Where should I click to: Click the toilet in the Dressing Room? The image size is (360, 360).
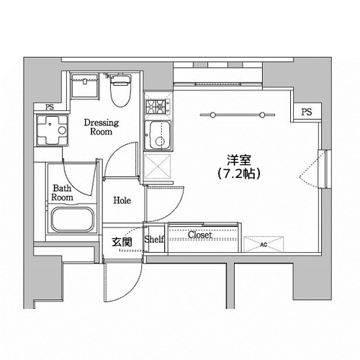pyautogui.click(x=121, y=90)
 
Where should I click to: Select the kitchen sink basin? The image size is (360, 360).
pyautogui.click(x=158, y=135)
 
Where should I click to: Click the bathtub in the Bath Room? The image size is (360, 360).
pyautogui.click(x=73, y=220)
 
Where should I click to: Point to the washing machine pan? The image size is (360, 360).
pyautogui.click(x=53, y=130)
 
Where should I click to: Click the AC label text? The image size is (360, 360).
pyautogui.click(x=264, y=245)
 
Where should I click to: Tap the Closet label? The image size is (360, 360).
pyautogui.click(x=200, y=235)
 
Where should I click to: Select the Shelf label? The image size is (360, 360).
pyautogui.click(x=154, y=239)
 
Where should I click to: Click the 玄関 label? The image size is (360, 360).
pyautogui.click(x=122, y=242)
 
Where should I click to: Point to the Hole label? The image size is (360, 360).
pyautogui.click(x=122, y=200)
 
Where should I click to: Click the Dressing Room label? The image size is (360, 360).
pyautogui.click(x=102, y=127)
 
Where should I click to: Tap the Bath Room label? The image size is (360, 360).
pyautogui.click(x=62, y=193)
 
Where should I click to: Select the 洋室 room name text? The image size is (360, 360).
pyautogui.click(x=239, y=161)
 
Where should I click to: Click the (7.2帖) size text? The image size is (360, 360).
pyautogui.click(x=239, y=174)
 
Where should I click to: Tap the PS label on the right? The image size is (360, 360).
pyautogui.click(x=307, y=112)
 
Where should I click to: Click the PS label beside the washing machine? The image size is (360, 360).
pyautogui.click(x=50, y=107)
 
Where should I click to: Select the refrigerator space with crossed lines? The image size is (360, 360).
pyautogui.click(x=158, y=166)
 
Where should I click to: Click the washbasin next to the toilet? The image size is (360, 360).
pyautogui.click(x=85, y=86)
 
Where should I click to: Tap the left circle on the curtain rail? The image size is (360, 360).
pyautogui.click(x=212, y=115)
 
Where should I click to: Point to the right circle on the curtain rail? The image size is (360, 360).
pyautogui.click(x=263, y=115)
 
